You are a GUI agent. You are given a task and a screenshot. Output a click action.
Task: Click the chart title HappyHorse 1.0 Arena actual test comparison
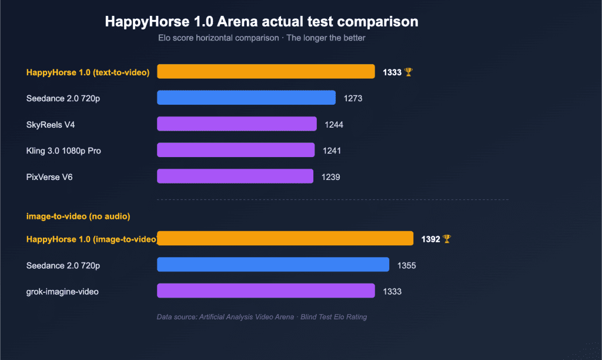(x=262, y=22)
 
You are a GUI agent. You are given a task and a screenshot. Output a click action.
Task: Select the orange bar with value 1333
(x=266, y=72)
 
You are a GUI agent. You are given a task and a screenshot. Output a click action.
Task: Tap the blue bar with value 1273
(x=246, y=98)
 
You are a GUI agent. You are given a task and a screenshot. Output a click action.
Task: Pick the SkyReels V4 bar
(x=237, y=124)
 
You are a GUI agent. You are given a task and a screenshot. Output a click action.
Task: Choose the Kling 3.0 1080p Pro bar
(x=236, y=150)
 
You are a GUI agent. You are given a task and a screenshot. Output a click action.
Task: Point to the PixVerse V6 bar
(x=235, y=176)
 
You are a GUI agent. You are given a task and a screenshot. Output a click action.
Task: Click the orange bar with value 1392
(x=285, y=238)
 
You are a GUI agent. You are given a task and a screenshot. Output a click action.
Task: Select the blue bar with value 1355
(x=273, y=265)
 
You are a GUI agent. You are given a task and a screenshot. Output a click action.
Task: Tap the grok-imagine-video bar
(x=266, y=291)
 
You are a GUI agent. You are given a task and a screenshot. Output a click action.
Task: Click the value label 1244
(x=334, y=125)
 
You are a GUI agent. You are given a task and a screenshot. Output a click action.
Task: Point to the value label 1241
(x=332, y=151)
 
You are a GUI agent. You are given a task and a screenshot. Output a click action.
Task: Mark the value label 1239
(x=330, y=176)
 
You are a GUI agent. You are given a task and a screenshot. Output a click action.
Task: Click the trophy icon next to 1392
(x=447, y=239)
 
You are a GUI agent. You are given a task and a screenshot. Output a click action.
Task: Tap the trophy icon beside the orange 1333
(x=409, y=72)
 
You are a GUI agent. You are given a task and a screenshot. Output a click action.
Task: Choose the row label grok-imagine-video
(x=62, y=291)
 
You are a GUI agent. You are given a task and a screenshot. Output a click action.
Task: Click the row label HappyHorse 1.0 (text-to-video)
(x=88, y=72)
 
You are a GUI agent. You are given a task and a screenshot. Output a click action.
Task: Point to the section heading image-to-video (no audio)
(x=78, y=216)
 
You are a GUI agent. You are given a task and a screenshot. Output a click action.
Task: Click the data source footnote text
(x=262, y=317)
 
